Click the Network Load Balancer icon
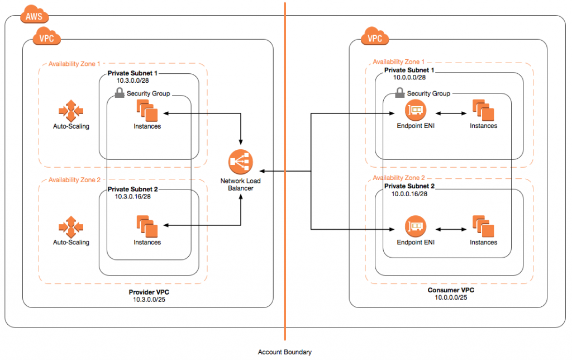(241, 163)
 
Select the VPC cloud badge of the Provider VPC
(47, 39)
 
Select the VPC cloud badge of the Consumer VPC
(375, 39)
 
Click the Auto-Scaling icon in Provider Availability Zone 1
(71, 111)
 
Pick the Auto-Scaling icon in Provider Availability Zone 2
(71, 227)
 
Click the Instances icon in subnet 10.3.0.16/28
(147, 227)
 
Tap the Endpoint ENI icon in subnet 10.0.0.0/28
(416, 110)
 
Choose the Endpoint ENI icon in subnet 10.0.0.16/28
(416, 227)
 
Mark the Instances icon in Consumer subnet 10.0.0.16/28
(483, 227)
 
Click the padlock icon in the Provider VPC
(119, 93)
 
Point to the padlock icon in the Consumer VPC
(399, 93)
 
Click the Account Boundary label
(284, 352)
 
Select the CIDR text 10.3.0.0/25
(147, 299)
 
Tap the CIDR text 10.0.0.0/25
(451, 297)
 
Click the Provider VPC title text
(147, 291)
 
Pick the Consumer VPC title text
(451, 290)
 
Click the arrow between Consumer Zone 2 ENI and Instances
(450, 229)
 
